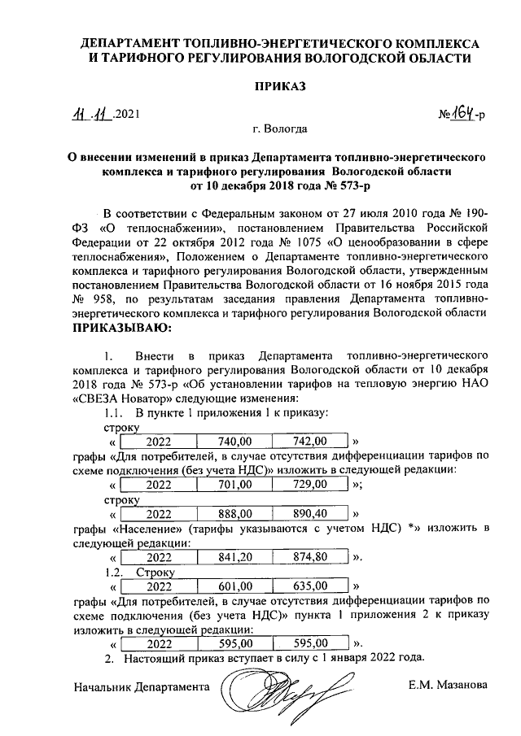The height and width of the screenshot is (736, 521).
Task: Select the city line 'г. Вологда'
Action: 280,129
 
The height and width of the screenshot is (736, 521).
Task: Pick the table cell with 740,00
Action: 234,442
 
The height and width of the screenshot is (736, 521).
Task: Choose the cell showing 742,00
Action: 309,442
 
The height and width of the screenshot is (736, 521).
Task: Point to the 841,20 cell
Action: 234,557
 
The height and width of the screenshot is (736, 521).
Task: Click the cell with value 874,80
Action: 309,557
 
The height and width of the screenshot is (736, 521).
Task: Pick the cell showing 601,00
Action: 234,586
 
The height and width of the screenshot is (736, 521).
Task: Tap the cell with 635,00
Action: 309,586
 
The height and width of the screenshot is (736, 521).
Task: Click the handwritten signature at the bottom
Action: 277,695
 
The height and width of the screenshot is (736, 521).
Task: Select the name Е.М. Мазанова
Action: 449,686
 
